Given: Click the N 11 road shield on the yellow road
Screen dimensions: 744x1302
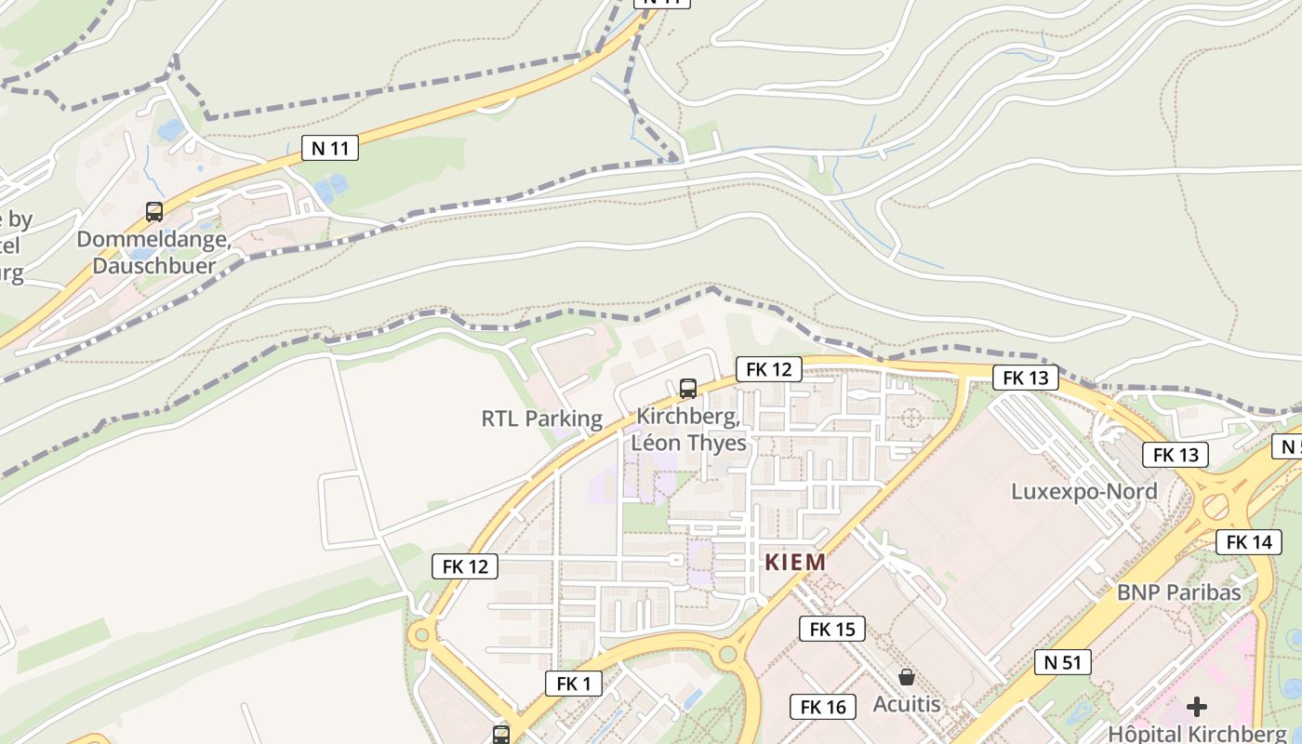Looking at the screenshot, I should (330, 147).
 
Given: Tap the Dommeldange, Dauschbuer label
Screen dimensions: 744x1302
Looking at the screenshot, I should (153, 252).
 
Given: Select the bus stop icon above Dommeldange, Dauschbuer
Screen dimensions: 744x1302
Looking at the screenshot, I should (154, 212).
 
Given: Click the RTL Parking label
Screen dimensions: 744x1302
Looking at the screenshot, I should (541, 418).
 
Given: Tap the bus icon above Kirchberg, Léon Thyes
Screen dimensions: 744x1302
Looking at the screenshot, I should (688, 389).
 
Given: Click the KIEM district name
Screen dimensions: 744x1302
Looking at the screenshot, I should (795, 562).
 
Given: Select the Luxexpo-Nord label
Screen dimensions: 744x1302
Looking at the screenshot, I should (1084, 491).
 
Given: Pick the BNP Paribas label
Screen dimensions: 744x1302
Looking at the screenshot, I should (1178, 591).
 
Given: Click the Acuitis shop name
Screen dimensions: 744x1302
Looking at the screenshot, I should (907, 704).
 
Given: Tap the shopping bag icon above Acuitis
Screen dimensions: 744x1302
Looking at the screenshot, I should (907, 677).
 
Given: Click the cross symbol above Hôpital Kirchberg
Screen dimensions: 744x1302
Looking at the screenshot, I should (1197, 706).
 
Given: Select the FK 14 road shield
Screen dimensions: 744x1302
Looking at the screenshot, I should (1248, 541).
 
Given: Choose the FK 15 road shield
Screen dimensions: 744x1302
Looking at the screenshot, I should (831, 629).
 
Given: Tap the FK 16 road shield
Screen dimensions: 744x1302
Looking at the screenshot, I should (823, 707).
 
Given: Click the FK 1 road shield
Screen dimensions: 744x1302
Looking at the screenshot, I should (573, 684).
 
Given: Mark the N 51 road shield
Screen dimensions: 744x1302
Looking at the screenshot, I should (1062, 662).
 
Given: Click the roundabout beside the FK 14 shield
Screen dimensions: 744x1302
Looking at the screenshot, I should (1216, 507).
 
